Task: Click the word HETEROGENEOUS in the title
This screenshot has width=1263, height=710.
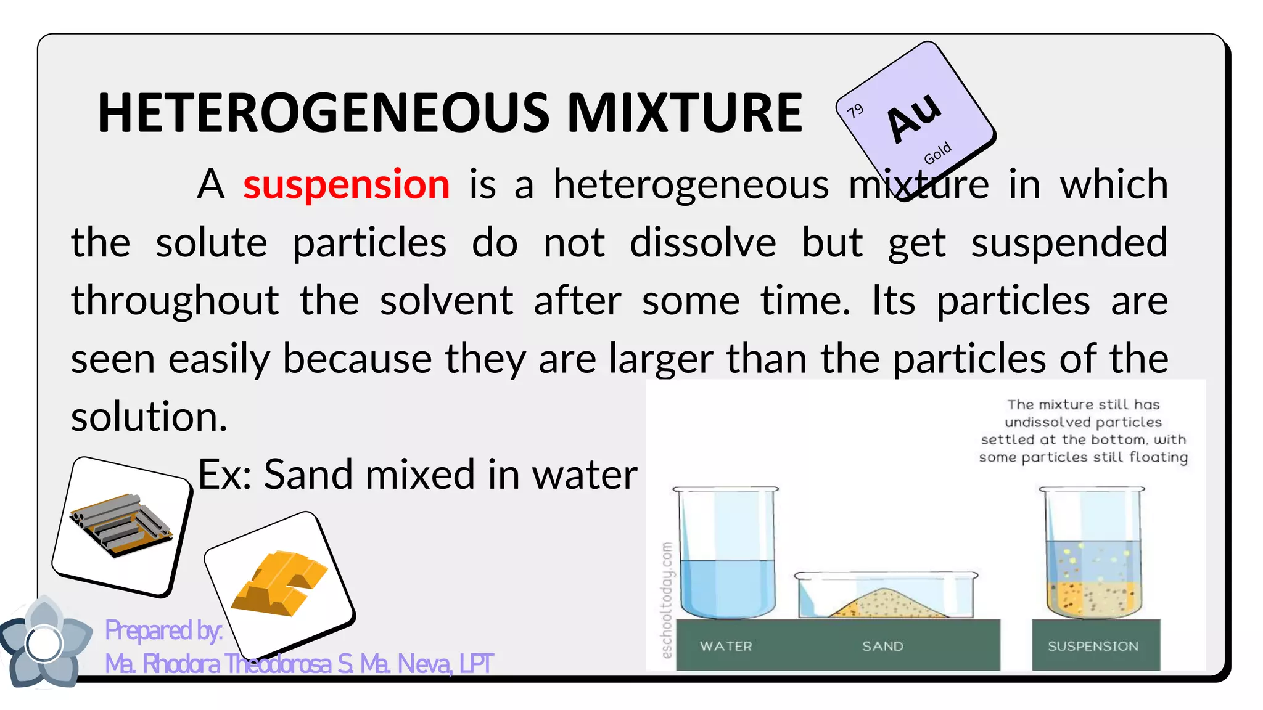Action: click(x=323, y=113)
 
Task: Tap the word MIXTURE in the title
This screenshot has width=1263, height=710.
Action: click(x=685, y=113)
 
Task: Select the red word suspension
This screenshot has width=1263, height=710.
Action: click(x=347, y=184)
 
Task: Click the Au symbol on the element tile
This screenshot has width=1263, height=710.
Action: click(x=914, y=116)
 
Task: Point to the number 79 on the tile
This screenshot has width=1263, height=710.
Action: click(x=855, y=111)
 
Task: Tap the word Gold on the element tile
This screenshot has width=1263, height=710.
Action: click(x=937, y=153)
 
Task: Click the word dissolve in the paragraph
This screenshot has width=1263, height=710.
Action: click(x=702, y=242)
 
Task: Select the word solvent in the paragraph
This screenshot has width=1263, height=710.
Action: click(x=446, y=300)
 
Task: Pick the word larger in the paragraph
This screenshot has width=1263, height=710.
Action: click(x=661, y=359)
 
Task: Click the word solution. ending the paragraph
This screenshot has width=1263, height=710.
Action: click(x=149, y=417)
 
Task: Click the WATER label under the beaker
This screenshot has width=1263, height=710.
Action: click(x=726, y=646)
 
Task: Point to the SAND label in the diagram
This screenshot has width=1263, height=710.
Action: click(x=882, y=646)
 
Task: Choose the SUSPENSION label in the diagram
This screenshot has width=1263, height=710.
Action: click(x=1093, y=646)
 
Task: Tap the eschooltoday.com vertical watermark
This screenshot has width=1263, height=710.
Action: click(x=666, y=600)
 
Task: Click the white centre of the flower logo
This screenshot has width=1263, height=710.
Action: click(x=44, y=643)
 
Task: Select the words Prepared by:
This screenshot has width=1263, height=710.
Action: click(x=164, y=630)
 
